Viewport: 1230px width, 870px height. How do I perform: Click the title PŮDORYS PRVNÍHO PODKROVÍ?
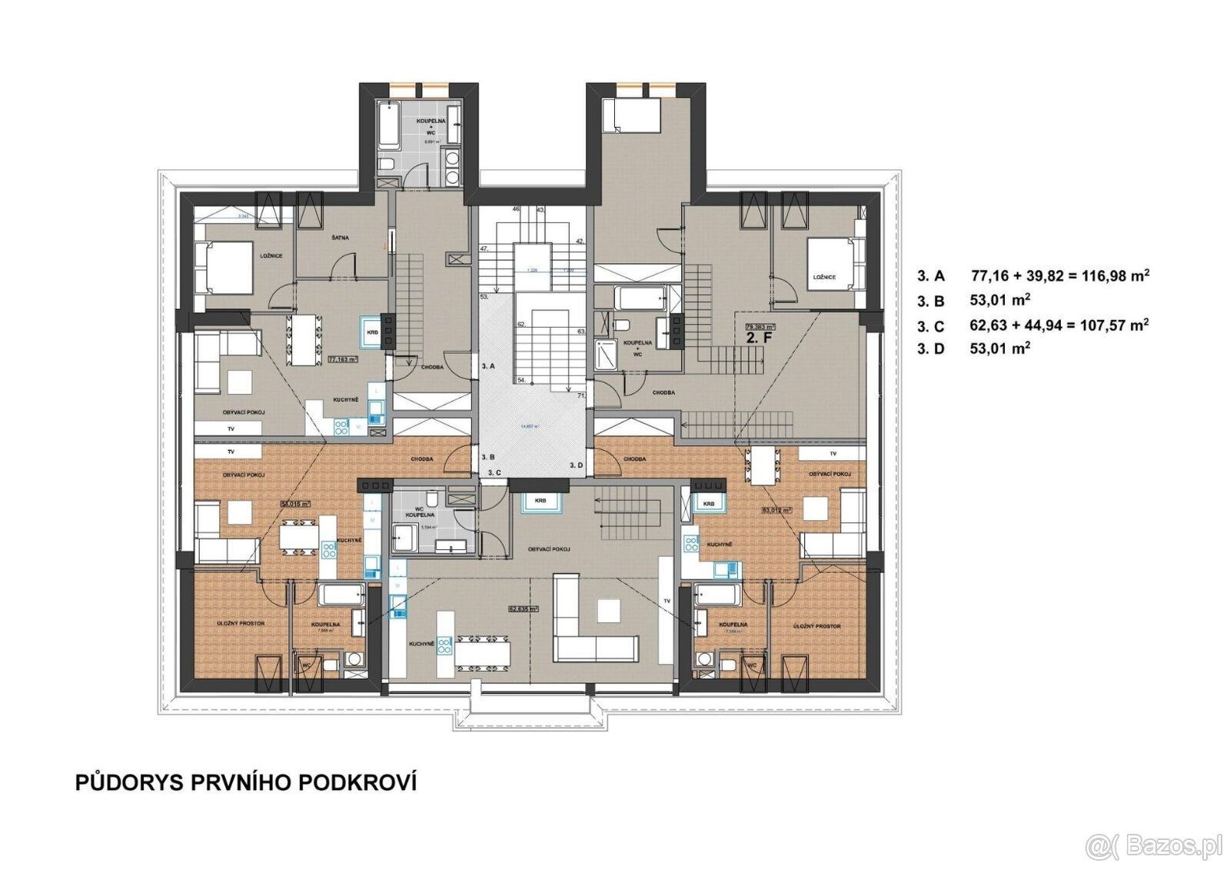246,783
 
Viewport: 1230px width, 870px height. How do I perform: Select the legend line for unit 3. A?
1032,275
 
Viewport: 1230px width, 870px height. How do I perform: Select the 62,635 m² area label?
522,608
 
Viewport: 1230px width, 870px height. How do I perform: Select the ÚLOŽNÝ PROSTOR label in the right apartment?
816,626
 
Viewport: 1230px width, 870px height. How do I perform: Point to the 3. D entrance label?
577,466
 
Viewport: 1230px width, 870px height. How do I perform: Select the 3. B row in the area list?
973,300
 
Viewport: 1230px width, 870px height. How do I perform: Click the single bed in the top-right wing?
630,115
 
